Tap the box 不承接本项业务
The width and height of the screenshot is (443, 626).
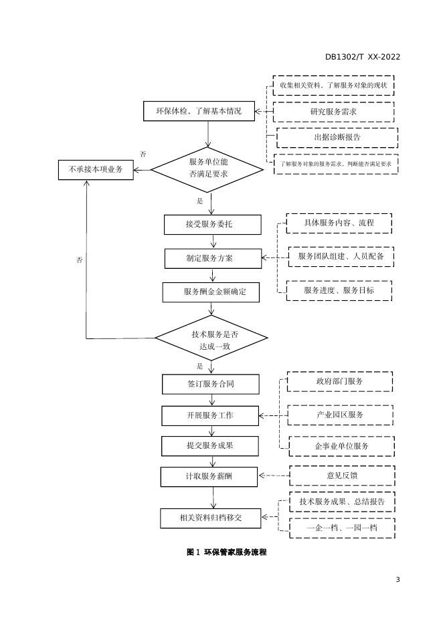[96, 170]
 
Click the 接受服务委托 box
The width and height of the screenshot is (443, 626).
[212, 225]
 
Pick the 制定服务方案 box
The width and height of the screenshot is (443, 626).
[212, 258]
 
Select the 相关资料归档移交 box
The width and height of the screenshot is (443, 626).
[211, 518]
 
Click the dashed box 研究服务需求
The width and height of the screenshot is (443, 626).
[333, 111]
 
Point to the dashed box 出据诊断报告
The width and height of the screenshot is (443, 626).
[337, 137]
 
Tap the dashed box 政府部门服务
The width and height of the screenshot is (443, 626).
[339, 381]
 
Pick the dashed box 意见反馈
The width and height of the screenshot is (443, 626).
[341, 476]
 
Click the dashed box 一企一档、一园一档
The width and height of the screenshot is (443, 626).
[341, 528]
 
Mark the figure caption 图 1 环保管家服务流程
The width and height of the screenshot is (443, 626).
[226, 552]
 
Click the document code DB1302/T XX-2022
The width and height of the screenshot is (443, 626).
[363, 57]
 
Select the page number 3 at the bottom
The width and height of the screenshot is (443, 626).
[397, 579]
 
